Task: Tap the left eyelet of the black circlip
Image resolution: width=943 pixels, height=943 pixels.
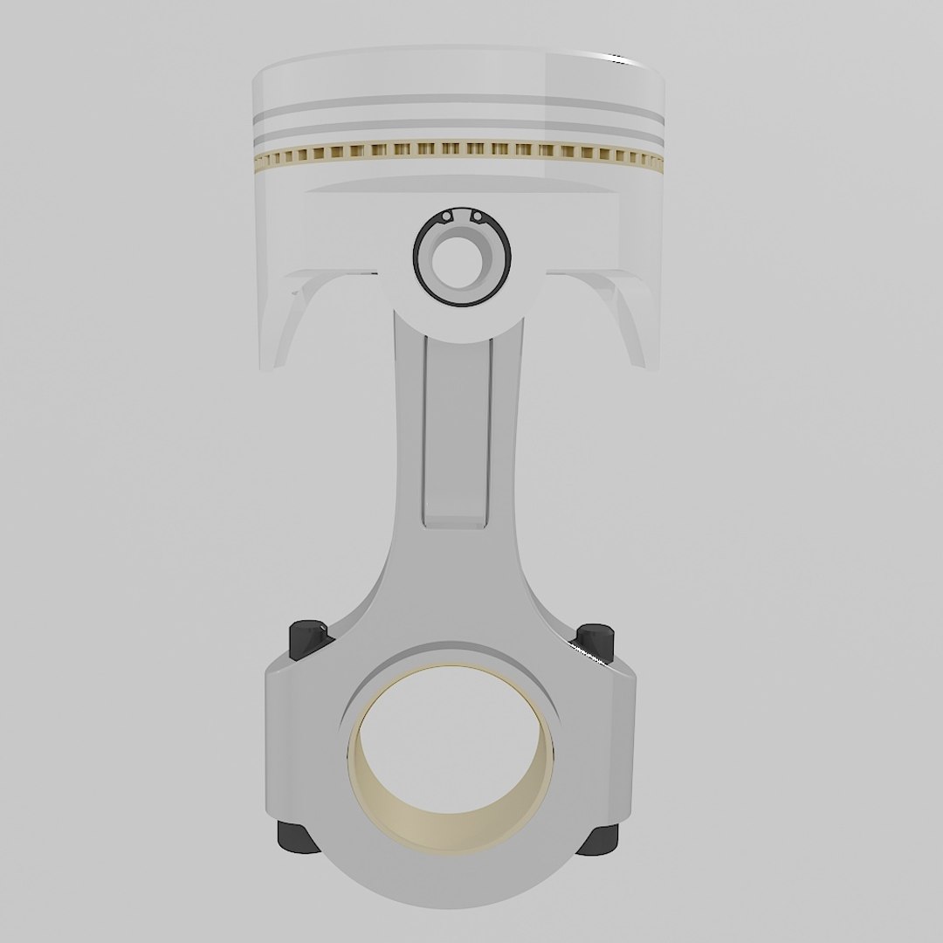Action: click(446, 216)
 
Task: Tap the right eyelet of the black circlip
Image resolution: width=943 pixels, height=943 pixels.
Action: click(477, 217)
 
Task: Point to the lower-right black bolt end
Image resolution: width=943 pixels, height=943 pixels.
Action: click(601, 839)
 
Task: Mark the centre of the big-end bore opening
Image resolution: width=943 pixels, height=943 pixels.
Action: click(451, 751)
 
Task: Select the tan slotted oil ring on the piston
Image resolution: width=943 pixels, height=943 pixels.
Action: click(454, 154)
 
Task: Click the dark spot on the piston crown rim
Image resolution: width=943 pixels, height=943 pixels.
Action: click(619, 60)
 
